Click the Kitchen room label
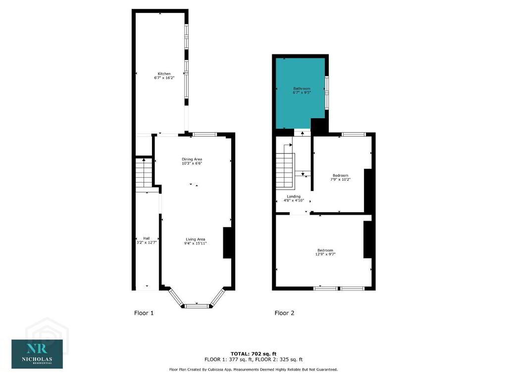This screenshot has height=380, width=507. click(x=164, y=74)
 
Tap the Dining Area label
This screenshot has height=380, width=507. click(x=192, y=159)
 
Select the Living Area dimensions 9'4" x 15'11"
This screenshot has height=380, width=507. click(x=195, y=243)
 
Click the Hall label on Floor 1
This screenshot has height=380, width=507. click(x=147, y=238)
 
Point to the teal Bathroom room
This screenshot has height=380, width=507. click(x=300, y=93)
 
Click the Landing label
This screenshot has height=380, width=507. click(x=294, y=196)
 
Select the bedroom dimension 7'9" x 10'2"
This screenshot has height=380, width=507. click(x=341, y=179)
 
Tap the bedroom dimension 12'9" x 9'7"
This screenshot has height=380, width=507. click(x=325, y=254)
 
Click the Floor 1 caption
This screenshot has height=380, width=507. click(x=144, y=313)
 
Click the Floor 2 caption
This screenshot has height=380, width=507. click(x=285, y=313)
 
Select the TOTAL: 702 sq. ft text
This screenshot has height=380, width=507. click(x=253, y=354)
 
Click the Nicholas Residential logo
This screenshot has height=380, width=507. click(x=37, y=354)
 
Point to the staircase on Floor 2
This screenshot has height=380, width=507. click(x=285, y=171)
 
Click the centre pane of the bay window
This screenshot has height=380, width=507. click(x=197, y=306)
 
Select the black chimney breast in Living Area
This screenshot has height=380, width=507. click(x=227, y=242)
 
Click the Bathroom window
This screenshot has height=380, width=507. click(x=327, y=92)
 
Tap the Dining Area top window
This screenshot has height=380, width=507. click(x=204, y=134)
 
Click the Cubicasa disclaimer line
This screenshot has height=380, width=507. click(x=253, y=369)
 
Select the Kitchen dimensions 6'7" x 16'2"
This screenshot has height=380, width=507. click(x=164, y=78)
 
